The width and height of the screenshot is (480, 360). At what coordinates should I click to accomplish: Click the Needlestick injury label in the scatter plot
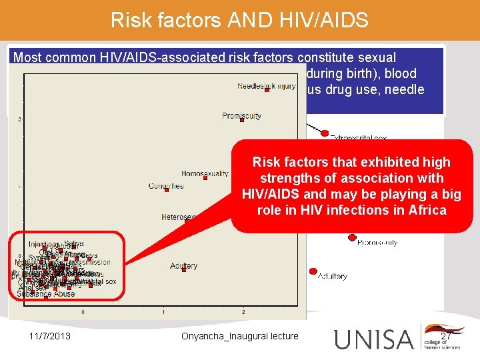click(265, 86)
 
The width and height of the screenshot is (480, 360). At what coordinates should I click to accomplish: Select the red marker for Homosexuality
click(207, 176)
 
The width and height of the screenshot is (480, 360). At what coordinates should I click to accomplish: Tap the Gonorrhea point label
click(166, 186)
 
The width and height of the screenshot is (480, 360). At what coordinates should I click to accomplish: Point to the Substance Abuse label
click(45, 293)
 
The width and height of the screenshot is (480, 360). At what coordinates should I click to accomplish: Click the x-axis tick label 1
click(163, 311)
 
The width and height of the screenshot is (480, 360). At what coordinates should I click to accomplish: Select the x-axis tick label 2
click(243, 311)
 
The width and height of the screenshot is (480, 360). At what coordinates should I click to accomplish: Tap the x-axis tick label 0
click(83, 311)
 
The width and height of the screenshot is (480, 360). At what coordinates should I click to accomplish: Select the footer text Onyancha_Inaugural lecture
click(239, 336)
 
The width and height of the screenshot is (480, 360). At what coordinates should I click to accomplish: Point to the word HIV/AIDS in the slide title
click(326, 20)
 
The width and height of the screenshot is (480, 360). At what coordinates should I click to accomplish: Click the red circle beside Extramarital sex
click(325, 131)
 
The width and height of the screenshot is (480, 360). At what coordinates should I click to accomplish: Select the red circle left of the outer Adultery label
click(312, 271)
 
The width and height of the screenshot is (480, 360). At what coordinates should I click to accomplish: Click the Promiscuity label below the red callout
click(377, 243)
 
